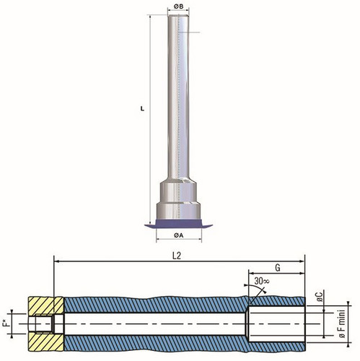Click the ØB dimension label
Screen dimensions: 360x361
click(178, 6)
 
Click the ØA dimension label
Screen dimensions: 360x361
click(178, 235)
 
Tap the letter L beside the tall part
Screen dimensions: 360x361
click(142, 109)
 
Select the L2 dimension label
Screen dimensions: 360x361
click(177, 256)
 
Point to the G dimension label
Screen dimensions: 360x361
click(278, 268)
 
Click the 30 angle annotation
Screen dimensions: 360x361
click(262, 281)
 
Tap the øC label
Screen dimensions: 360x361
click(320, 297)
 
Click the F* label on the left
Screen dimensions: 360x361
click(7, 323)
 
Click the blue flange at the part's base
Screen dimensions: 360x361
click(178, 224)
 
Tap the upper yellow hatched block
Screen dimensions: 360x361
click(45, 305)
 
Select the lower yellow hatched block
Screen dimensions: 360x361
click(45, 342)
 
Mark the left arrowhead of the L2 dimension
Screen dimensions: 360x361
click(56, 261)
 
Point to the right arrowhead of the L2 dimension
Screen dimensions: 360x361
click(302, 261)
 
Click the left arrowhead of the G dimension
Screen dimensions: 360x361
click(250, 273)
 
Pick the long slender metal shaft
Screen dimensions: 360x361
click(178, 96)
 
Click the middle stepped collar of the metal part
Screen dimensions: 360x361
click(178, 191)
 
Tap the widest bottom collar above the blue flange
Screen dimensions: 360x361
click(178, 212)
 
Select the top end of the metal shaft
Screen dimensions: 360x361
click(178, 15)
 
